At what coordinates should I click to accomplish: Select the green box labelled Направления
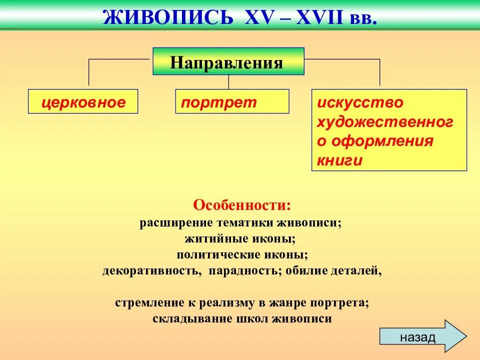click(x=228, y=62)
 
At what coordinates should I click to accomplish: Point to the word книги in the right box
click(x=339, y=160)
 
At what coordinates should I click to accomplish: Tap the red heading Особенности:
click(x=242, y=205)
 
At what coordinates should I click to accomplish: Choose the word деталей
click(x=356, y=271)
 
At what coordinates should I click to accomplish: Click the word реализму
click(x=230, y=303)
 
